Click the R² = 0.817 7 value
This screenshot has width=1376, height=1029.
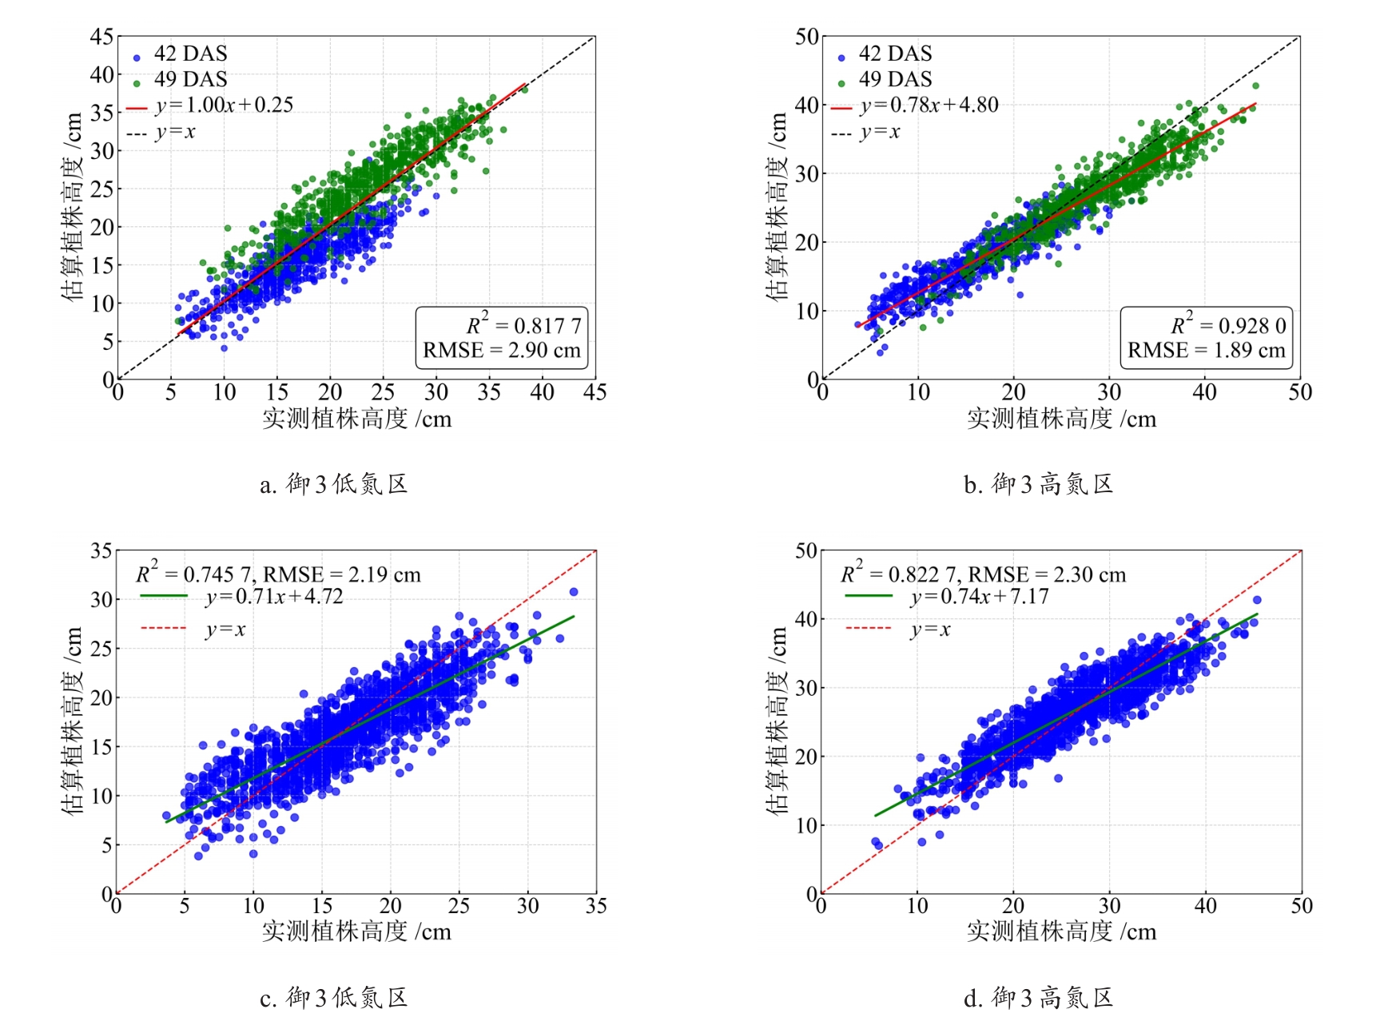[523, 325]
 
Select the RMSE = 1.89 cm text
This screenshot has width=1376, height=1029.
[1206, 351]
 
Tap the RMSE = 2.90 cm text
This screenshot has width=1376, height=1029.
[501, 351]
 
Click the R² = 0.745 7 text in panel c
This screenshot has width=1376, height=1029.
[194, 574]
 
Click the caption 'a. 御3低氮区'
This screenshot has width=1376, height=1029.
[334, 484]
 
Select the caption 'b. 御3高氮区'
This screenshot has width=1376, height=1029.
[1038, 484]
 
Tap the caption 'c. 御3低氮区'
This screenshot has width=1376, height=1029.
[334, 998]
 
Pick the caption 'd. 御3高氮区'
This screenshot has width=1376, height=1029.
[1038, 998]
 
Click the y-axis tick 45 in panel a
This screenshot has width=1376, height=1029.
[102, 37]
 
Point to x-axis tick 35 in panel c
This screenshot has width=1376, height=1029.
[596, 906]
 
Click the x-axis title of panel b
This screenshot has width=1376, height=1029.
[1061, 419]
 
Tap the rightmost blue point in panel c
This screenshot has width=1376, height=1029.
[574, 592]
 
